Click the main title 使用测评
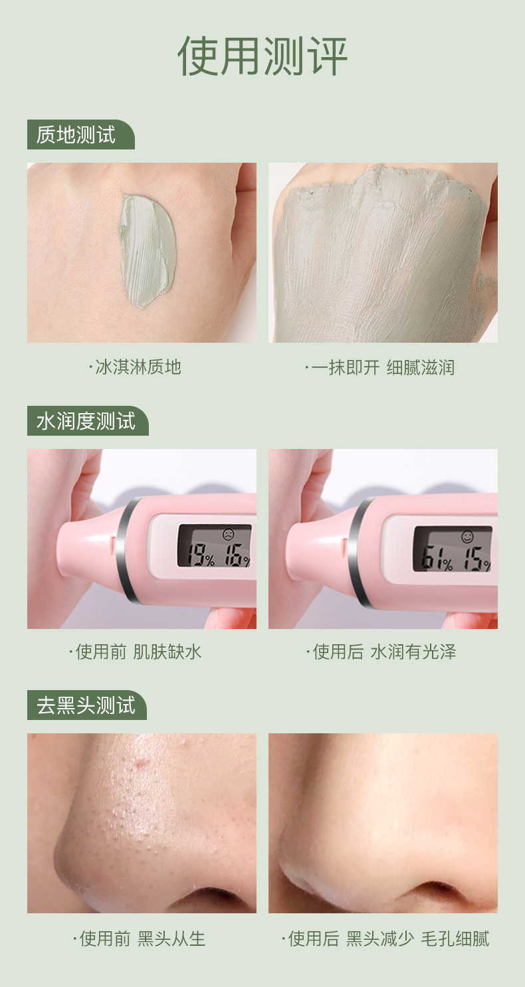tap(262, 56)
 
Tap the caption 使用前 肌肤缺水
tap(136, 652)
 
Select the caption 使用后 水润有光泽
tap(381, 652)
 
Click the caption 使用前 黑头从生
tap(140, 939)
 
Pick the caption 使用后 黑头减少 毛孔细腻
tap(385, 939)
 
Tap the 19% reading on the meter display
tap(201, 556)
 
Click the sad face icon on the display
tap(228, 535)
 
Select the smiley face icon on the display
tap(467, 537)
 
